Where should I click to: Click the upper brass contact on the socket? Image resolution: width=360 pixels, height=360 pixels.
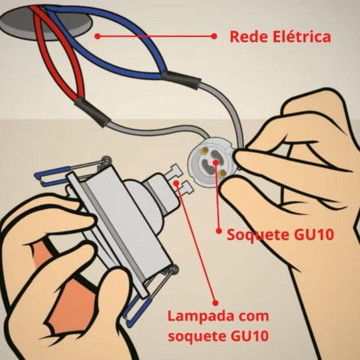(x=203, y=150)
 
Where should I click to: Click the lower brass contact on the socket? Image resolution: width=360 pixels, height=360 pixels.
(x=222, y=173)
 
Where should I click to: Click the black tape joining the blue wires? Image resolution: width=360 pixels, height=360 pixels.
(x=181, y=79)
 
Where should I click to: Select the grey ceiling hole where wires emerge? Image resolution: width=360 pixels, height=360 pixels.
(x=46, y=23)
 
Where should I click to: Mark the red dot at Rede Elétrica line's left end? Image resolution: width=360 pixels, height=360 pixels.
(x=98, y=36)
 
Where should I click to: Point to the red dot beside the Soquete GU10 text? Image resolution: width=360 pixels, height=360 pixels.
(x=219, y=230)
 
